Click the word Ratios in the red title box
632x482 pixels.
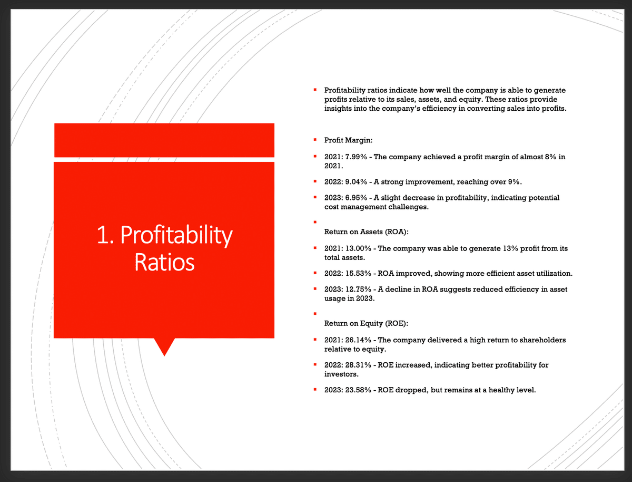coord(164,262)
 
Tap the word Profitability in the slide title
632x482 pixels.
coord(176,236)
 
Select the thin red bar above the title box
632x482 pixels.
coord(164,140)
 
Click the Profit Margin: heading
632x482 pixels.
coord(348,140)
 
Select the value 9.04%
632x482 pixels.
coord(356,182)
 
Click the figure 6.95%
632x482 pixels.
coord(356,198)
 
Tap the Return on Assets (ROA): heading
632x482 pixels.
coord(366,232)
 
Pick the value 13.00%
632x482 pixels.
coord(358,248)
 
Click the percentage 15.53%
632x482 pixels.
coord(358,273)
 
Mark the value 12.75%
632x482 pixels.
coord(358,289)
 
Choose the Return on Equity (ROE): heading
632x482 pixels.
coord(366,323)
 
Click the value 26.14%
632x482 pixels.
coord(358,340)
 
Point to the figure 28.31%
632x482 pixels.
coord(358,365)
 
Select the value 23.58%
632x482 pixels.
coord(358,390)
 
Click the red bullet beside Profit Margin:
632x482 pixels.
coord(315,140)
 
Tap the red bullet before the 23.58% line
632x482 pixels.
coord(315,390)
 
